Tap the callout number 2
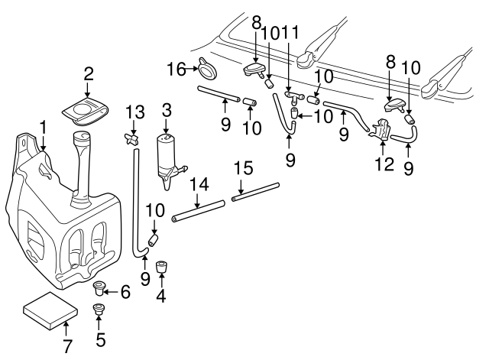click(x=89, y=74)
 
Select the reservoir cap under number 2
click(x=86, y=111)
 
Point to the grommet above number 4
click(x=161, y=268)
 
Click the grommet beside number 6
click(x=99, y=290)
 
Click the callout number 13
click(x=135, y=112)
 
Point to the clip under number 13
click(x=134, y=138)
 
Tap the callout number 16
click(x=175, y=70)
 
